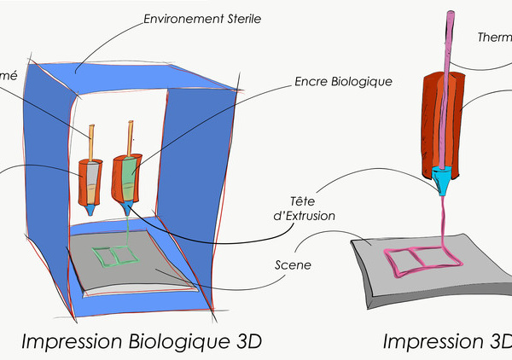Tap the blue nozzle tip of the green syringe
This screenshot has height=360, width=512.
pos(127,206)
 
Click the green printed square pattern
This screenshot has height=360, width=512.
pos(113,256)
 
